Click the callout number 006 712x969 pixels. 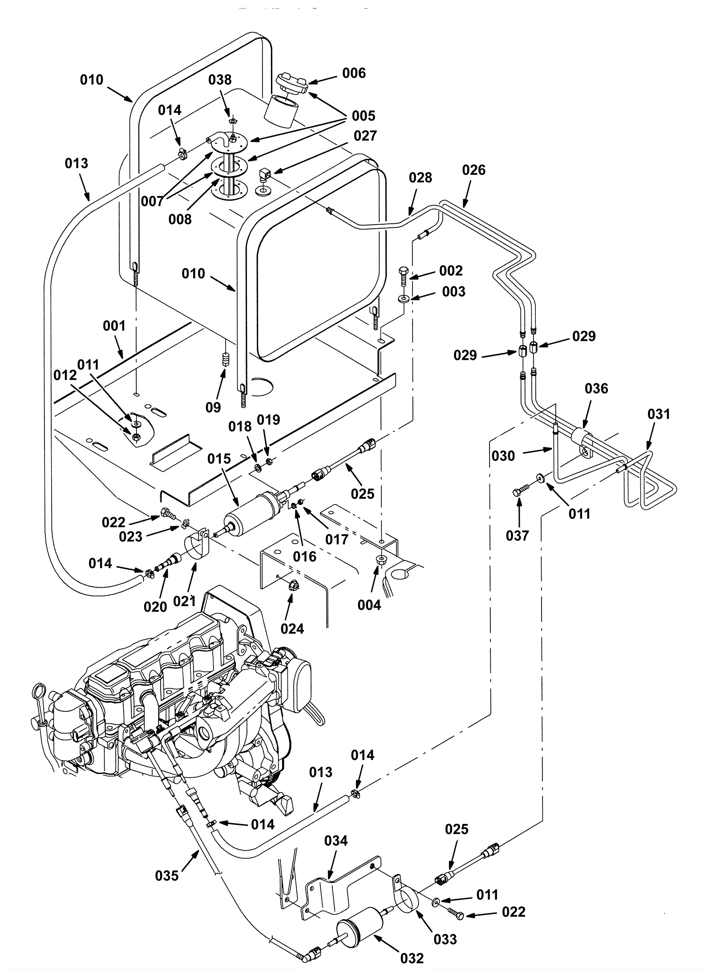point(354,73)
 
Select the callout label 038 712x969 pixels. point(220,80)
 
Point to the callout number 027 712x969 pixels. point(365,136)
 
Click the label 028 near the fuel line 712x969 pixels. point(420,178)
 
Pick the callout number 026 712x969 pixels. point(473,170)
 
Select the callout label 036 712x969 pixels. point(596,388)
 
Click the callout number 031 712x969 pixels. point(659,414)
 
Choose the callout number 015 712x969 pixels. point(219,459)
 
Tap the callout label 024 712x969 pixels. point(292,629)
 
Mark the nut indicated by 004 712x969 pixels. point(381,559)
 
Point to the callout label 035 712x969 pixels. point(167,876)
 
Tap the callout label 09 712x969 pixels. point(213,407)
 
